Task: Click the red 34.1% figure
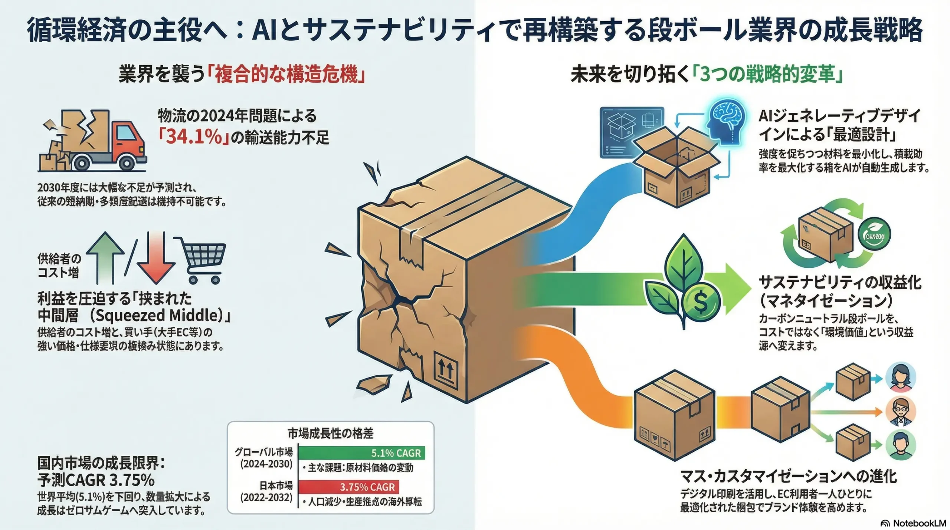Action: pos(193,137)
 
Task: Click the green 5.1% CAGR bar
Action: pos(361,453)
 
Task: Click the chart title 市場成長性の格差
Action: pos(330,433)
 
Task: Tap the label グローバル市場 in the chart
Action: pos(263,452)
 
